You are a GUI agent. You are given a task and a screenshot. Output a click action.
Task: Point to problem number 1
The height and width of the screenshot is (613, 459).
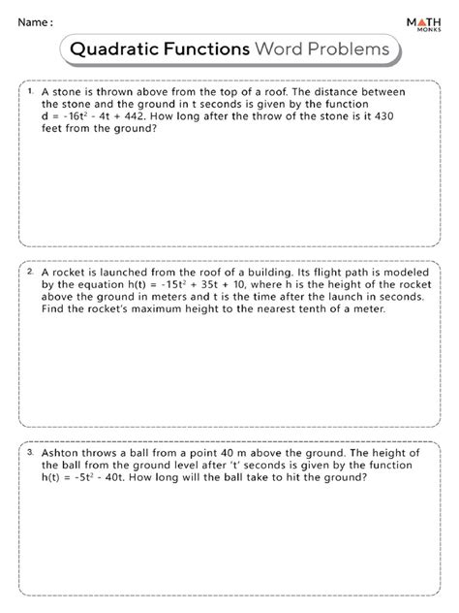[x=31, y=89]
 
